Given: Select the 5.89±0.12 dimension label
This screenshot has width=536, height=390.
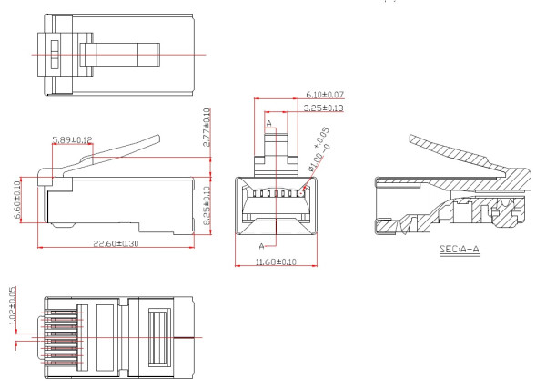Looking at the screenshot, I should pos(74,139).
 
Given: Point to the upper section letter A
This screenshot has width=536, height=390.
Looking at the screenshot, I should pos(268,123).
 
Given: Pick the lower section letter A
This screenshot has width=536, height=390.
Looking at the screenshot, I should pos(263,246).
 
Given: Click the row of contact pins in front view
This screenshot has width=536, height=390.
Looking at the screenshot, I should pos(274,193).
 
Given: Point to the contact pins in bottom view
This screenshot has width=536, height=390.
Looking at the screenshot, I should pos(64,336).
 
